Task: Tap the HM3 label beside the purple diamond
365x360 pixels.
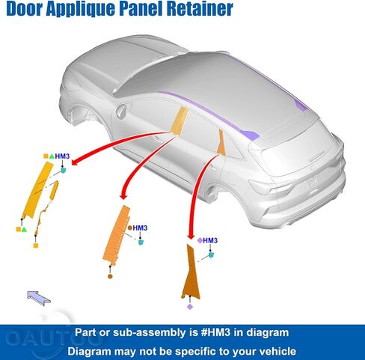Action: pos(210,240)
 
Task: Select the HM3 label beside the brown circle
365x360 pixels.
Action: pos(140,228)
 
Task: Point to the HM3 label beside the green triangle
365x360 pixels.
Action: pos(62,156)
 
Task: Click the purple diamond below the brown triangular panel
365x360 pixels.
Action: pos(190,307)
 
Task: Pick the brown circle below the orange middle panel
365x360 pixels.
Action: pos(110,276)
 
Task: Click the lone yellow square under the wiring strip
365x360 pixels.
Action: pos(36,245)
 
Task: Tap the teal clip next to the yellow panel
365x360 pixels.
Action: pos(64,170)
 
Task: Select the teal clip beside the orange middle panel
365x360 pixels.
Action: pos(141,242)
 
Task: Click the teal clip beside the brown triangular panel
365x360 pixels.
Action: pos(211,254)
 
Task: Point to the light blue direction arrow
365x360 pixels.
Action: pos(39,298)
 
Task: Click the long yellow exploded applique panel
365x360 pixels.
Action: pos(37,190)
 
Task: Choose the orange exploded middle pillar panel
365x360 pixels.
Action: pos(116,234)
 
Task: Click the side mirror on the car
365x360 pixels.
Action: pos(121,112)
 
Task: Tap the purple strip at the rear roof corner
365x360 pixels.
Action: pos(301,105)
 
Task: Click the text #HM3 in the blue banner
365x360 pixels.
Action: pos(215,332)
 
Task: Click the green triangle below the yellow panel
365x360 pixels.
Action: pos(24,229)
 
